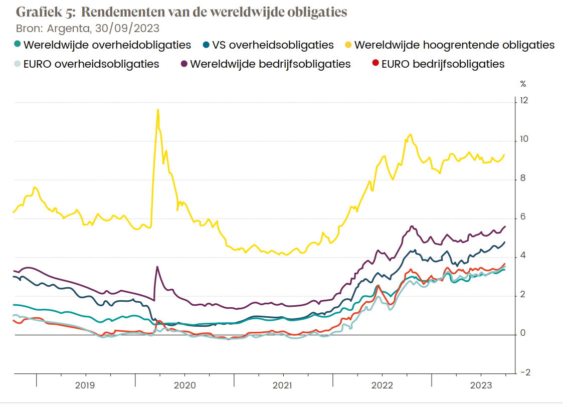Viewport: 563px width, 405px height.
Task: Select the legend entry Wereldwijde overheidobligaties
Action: pyautogui.click(x=107, y=45)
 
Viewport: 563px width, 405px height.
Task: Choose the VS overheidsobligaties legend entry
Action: pyautogui.click(x=273, y=45)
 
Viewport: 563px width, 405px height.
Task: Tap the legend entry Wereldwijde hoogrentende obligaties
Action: pyautogui.click(x=454, y=45)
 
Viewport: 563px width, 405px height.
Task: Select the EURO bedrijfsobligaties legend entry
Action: pyautogui.click(x=443, y=64)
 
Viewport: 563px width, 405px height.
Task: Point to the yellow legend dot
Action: pyautogui.click(x=348, y=45)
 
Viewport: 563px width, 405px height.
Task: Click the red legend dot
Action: pyautogui.click(x=374, y=64)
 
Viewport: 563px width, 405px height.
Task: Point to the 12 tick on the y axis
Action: pyautogui.click(x=524, y=100)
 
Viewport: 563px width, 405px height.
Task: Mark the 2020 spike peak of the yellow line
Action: pyautogui.click(x=158, y=110)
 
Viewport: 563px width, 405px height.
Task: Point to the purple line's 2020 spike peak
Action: pyautogui.click(x=157, y=267)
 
